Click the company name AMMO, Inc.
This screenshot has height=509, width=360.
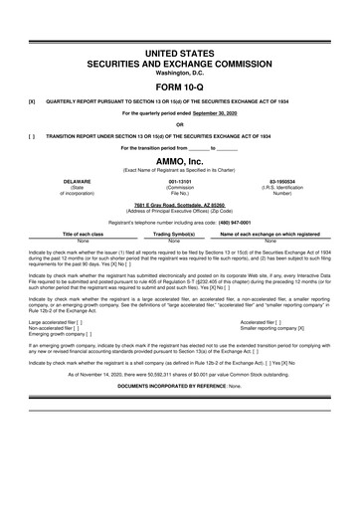pos(179,162)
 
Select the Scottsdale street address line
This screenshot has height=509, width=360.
pos(179,207)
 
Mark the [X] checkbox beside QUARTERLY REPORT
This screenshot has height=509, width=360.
pos(33,101)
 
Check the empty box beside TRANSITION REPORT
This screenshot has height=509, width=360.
pos(33,136)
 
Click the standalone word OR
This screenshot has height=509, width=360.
pos(179,124)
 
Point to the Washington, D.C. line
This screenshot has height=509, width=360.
pos(179,71)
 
